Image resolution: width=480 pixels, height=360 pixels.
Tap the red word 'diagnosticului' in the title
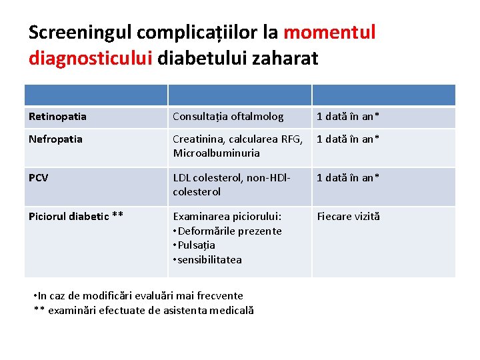pyautogui.click(x=90, y=58)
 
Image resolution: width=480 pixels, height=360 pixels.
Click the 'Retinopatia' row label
pyautogui.click(x=57, y=117)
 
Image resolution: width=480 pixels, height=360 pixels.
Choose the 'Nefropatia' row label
pyautogui.click(x=55, y=139)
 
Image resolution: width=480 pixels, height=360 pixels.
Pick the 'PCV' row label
pyautogui.click(x=38, y=178)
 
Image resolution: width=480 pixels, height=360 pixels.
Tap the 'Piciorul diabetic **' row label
pyautogui.click(x=76, y=216)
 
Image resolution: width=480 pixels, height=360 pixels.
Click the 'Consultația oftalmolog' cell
pyautogui.click(x=228, y=117)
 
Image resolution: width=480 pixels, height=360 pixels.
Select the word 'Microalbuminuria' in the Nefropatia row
pyautogui.click(x=216, y=153)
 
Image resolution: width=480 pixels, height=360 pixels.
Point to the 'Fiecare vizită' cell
pyautogui.click(x=348, y=216)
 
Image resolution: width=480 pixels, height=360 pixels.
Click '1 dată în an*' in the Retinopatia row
pyautogui.click(x=348, y=117)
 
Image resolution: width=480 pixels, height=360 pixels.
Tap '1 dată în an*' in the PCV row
pyautogui.click(x=348, y=178)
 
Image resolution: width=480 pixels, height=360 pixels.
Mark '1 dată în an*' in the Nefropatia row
pyautogui.click(x=348, y=139)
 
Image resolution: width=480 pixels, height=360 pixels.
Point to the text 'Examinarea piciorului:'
pyautogui.click(x=227, y=216)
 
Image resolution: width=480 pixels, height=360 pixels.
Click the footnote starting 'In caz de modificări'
pyautogui.click(x=140, y=295)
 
